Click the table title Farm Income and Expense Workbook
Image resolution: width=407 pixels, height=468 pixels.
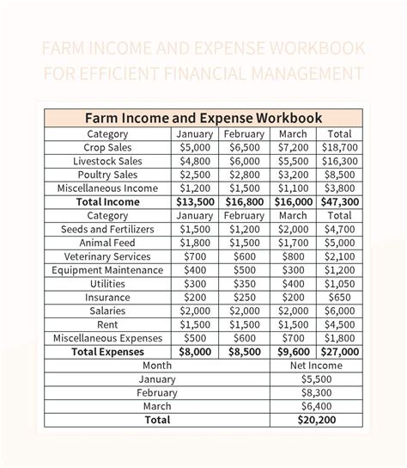[203, 118]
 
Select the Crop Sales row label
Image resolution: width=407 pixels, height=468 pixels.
[107, 147]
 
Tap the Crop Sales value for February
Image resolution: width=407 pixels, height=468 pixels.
[244, 147]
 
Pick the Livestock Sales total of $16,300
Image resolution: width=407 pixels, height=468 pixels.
[340, 161]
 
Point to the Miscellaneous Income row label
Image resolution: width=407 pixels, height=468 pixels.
[107, 188]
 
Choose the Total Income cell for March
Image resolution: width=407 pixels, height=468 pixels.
[293, 202]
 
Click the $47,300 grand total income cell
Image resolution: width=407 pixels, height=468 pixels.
[340, 202]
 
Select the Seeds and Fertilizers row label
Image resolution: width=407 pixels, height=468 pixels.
[107, 230]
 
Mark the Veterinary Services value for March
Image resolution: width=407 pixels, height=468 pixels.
[293, 256]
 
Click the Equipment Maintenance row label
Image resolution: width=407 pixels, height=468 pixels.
[107, 270]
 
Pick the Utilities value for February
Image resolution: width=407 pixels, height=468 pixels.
[244, 284]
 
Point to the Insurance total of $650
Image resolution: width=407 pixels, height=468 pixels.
[340, 298]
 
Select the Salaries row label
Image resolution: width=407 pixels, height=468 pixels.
[107, 311]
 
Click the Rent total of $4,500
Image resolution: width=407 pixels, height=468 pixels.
[340, 324]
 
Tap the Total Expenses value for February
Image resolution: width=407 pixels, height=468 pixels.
[244, 352]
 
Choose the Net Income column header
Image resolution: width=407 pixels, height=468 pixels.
[316, 366]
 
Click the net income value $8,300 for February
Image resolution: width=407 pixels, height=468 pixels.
[316, 392]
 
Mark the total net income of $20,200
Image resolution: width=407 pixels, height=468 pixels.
[316, 420]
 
